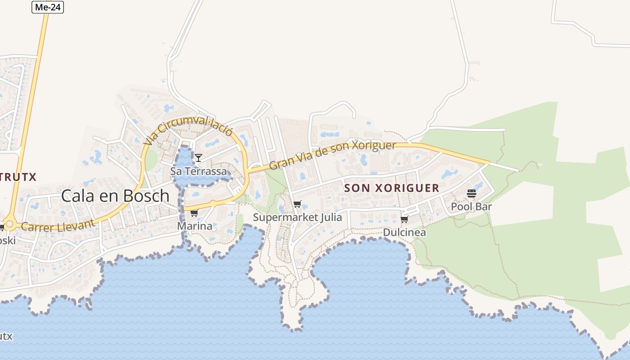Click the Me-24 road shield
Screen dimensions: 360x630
point(48,7)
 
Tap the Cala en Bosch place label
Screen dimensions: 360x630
point(115,196)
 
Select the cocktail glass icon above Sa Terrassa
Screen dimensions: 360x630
point(198,157)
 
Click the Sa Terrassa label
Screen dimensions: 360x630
point(198,171)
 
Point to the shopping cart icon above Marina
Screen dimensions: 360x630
point(194,213)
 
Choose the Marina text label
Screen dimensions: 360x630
point(194,226)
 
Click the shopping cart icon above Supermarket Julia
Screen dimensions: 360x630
point(297,204)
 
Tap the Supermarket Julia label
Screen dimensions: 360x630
point(297,217)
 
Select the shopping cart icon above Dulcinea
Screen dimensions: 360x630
point(404,219)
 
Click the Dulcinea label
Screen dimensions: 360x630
point(404,232)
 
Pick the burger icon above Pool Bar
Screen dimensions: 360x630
point(471,193)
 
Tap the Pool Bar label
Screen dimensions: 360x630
point(471,207)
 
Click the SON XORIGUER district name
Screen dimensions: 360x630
point(391,188)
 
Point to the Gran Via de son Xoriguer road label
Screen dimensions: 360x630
point(332,155)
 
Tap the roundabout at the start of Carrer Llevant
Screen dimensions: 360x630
point(9,224)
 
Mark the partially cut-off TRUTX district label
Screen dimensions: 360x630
point(18,177)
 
